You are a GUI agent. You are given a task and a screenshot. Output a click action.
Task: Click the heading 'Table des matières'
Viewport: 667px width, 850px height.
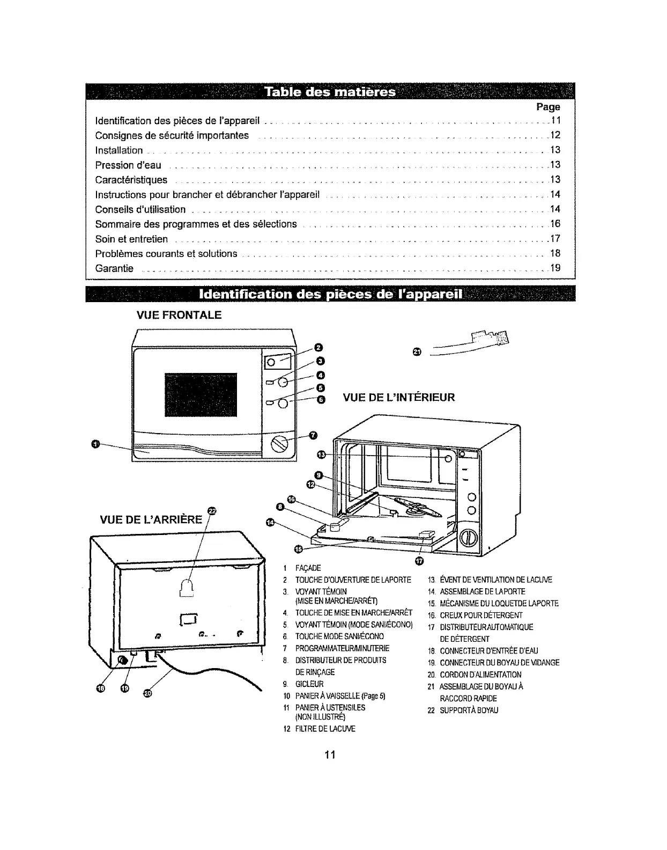tap(330, 92)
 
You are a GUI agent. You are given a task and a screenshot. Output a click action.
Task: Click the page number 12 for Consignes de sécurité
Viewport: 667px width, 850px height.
tap(555, 135)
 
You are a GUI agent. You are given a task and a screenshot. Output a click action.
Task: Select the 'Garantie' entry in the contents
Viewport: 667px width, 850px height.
tap(114, 268)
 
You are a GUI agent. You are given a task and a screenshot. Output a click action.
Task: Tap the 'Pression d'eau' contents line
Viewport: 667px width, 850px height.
tap(128, 165)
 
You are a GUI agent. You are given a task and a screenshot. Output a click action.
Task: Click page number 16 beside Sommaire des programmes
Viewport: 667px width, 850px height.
tap(555, 224)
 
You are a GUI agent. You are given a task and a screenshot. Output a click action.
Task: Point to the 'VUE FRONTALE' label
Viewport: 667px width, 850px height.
tap(180, 316)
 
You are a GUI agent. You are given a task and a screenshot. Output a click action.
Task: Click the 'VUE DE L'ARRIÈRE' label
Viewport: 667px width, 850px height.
tap(152, 519)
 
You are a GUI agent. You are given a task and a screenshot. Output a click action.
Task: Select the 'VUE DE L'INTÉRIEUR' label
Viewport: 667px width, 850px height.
tap(399, 398)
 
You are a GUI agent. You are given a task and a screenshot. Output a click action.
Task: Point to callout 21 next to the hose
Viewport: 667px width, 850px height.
tap(418, 351)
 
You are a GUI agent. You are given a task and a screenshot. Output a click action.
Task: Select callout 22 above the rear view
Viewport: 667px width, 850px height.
tap(212, 510)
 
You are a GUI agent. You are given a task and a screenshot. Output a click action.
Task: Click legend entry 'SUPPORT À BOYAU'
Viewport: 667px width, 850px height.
tap(469, 710)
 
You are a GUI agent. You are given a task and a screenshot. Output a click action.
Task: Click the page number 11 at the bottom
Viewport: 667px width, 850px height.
tap(330, 755)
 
